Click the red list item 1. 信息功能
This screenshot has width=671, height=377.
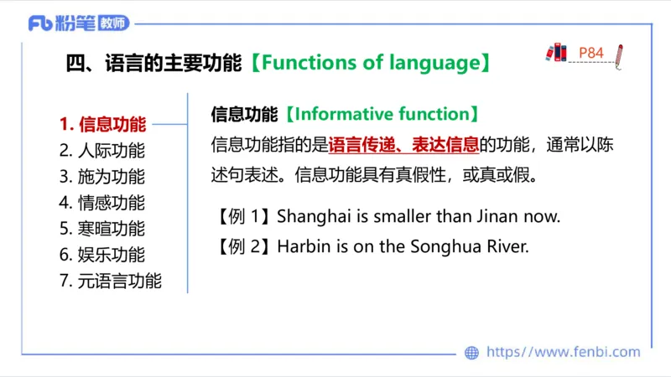102,126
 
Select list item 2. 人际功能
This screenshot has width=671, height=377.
102,152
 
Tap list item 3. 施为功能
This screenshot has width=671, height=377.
102,178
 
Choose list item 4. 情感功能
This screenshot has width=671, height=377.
102,203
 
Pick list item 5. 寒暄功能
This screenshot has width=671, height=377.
102,229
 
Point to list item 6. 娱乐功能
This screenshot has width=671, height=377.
102,255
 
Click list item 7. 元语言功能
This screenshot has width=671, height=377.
111,281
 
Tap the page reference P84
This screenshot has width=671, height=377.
591,53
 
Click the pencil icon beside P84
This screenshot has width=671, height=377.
618,55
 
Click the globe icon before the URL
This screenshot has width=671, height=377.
471,353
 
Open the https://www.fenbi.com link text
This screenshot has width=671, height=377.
563,353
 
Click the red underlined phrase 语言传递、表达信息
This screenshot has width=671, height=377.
403,145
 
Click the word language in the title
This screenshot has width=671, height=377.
434,63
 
